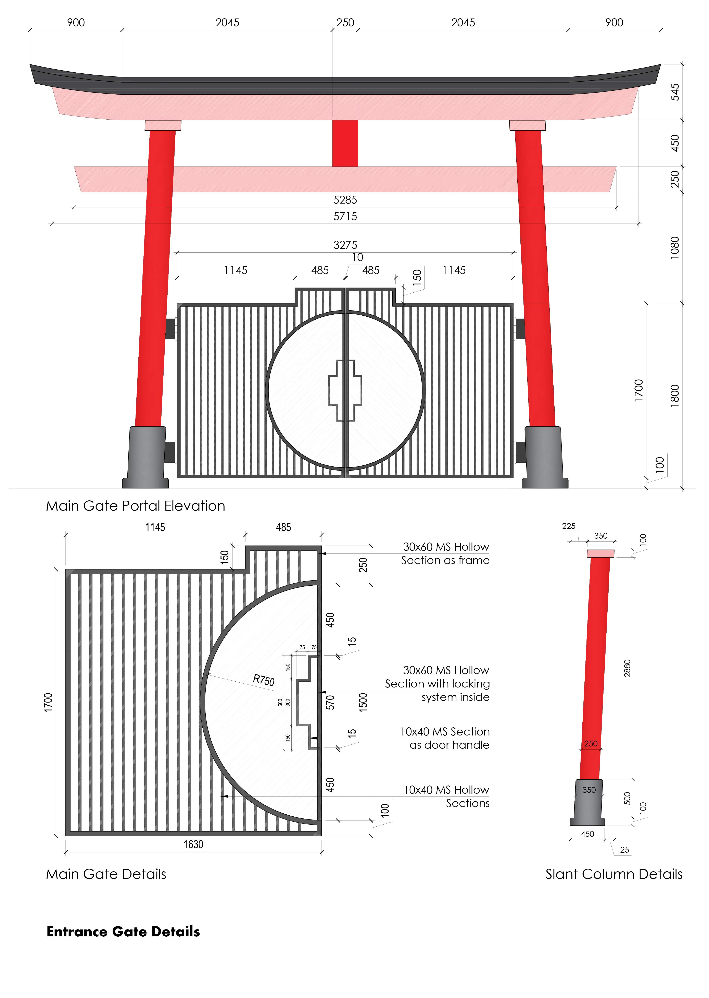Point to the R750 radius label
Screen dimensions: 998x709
pos(264,680)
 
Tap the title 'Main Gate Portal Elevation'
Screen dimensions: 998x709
pos(135,506)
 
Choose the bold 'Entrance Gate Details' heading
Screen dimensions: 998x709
pos(123,932)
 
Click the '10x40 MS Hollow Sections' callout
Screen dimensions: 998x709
pos(446,796)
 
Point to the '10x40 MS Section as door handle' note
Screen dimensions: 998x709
pos(445,738)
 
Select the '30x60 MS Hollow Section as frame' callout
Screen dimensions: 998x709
pos(445,553)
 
